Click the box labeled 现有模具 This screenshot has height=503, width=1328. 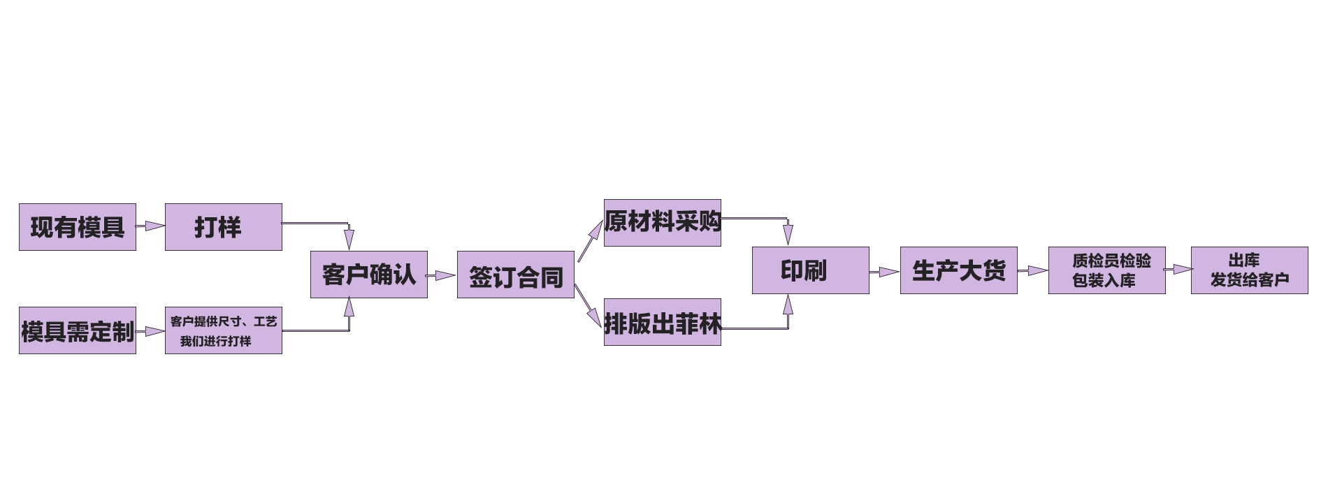tap(78, 227)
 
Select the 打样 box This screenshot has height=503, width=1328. tap(224, 227)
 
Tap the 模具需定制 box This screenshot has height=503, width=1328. tap(78, 330)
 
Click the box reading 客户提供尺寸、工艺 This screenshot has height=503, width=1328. tap(224, 330)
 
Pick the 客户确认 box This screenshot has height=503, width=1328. tap(369, 275)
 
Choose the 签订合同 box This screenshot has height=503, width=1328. tap(516, 275)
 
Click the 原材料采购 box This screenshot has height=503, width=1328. tap(663, 223)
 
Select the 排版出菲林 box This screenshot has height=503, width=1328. tap(663, 322)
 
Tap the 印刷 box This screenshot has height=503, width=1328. tap(811, 270)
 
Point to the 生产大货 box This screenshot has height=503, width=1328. tap(959, 270)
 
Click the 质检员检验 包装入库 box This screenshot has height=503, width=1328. tap(1107, 270)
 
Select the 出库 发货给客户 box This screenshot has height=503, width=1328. tap(1250, 270)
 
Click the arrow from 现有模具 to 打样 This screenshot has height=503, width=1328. tap(151, 226)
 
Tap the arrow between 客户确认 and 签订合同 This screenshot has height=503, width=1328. tap(442, 275)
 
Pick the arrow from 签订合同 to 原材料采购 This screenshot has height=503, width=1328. tap(590, 242)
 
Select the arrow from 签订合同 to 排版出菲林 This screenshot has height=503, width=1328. tap(589, 305)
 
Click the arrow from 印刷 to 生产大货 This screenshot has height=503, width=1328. tap(885, 272)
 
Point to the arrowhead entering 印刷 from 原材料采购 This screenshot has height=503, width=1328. tap(788, 235)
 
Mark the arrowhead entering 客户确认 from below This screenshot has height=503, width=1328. tap(349, 307)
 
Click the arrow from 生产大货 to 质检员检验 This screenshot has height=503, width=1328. tap(1033, 270)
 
